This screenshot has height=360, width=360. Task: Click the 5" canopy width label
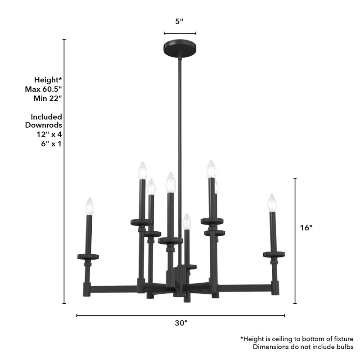point(180,21)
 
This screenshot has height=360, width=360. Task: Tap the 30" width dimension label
point(180,323)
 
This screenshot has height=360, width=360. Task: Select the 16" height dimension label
point(306,228)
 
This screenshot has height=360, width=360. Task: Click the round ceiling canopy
point(180,48)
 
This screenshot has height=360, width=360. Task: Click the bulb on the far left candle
point(90,206)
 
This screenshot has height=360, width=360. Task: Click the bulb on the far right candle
point(272,202)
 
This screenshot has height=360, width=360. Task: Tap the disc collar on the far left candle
point(88,257)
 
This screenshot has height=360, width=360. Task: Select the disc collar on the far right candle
point(274,255)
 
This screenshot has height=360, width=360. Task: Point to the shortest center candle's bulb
point(187,221)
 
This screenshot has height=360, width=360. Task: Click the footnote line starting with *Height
point(297,338)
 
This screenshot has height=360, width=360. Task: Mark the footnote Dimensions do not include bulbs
point(303,347)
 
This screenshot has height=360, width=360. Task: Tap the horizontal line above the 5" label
point(180,33)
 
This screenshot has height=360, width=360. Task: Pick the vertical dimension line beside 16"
point(295,241)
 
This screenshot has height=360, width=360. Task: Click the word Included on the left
point(46,117)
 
